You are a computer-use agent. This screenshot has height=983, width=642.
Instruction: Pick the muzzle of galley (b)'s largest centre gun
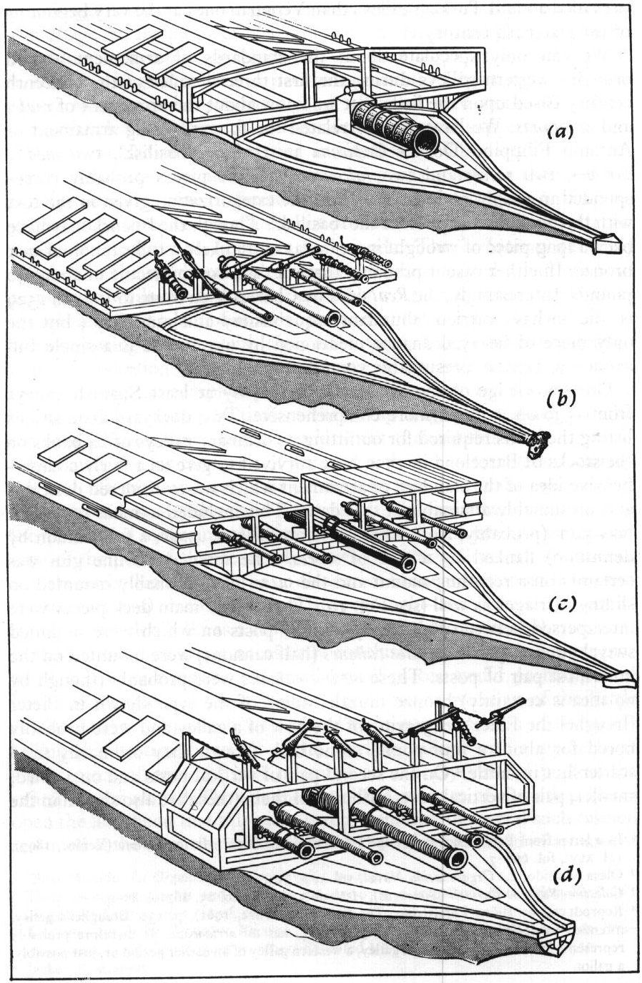pos(335,317)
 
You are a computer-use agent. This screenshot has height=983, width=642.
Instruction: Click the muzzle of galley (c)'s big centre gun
pos(409,563)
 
